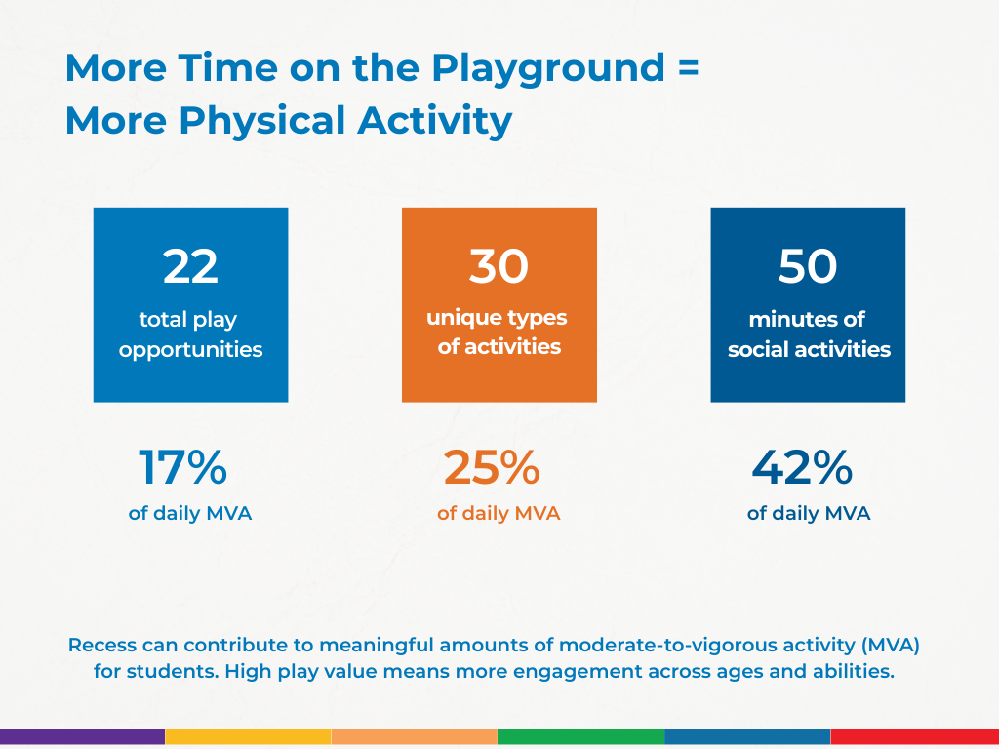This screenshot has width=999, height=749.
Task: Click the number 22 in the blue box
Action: (x=190, y=266)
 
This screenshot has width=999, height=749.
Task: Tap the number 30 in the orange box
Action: (x=499, y=266)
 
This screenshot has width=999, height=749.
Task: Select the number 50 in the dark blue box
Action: (x=807, y=266)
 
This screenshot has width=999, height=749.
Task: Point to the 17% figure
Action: (x=182, y=468)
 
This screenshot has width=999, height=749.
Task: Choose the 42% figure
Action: (x=802, y=468)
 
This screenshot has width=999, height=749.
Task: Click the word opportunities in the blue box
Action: (x=190, y=349)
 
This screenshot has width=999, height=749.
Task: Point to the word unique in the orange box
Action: (x=462, y=318)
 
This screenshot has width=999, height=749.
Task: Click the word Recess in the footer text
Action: (x=102, y=645)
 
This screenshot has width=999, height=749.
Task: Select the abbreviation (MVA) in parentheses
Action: (x=887, y=645)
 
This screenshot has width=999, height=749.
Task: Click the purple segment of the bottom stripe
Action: (x=82, y=737)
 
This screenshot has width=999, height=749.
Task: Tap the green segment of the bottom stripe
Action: (x=580, y=737)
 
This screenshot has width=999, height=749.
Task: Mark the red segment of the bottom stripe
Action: (x=914, y=737)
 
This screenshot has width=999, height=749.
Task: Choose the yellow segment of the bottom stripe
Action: (x=248, y=737)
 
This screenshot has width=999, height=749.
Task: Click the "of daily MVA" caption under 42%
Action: (x=808, y=513)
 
